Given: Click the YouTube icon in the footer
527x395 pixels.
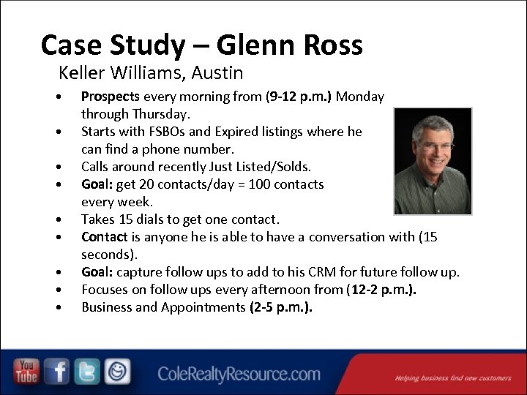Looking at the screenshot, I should (27, 372).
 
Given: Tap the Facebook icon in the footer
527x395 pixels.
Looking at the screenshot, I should (58, 372).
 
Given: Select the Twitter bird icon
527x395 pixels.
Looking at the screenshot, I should (87, 372).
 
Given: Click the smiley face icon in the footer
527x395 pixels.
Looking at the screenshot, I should (117, 372).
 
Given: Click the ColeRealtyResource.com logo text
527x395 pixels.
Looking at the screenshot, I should (239, 375).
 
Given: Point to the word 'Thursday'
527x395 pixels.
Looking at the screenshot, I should (162, 114).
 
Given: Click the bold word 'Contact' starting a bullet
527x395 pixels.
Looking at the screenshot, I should (105, 237).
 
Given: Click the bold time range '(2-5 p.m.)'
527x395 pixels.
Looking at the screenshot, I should (281, 307).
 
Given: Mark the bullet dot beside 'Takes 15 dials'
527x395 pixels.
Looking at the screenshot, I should (57, 220).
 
